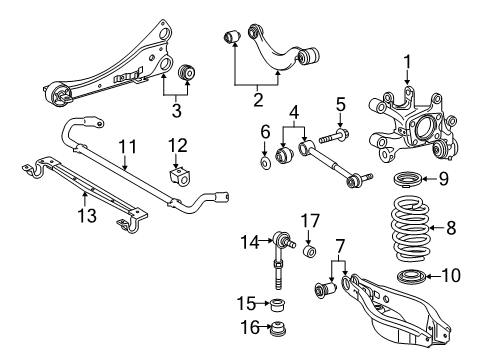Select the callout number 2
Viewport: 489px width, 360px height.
[x=257, y=99]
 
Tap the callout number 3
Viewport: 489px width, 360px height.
[x=177, y=109]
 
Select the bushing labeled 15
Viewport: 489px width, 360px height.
[x=279, y=303]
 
